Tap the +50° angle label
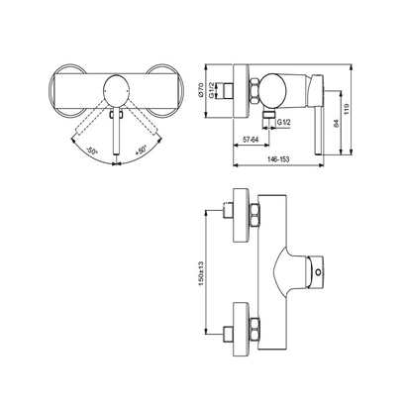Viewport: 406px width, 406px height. click(142, 153)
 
